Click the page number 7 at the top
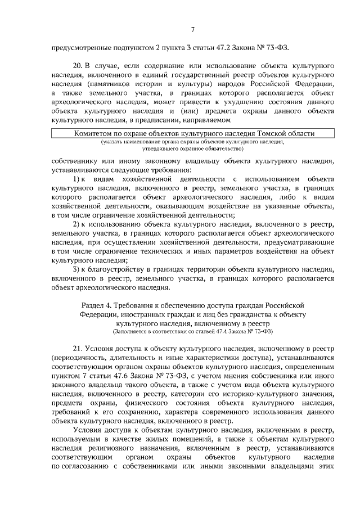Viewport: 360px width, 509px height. (192, 30)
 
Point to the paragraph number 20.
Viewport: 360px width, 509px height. (79, 67)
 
